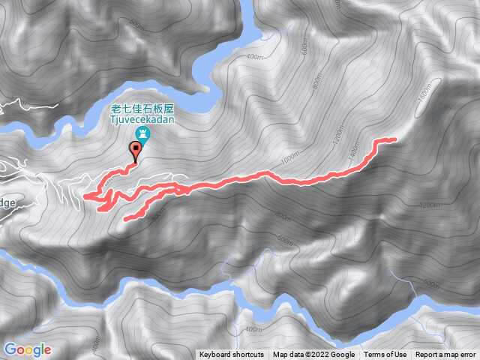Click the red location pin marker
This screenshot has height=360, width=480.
(x=136, y=151)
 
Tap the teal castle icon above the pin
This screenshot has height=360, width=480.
(x=142, y=135)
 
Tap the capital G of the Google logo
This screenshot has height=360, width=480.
(x=11, y=349)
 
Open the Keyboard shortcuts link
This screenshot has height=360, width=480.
(x=232, y=355)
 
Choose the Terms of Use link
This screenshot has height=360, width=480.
(x=385, y=355)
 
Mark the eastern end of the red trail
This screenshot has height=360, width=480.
(x=394, y=139)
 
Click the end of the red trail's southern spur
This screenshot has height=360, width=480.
(x=125, y=219)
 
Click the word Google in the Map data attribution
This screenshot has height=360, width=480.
(x=343, y=355)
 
